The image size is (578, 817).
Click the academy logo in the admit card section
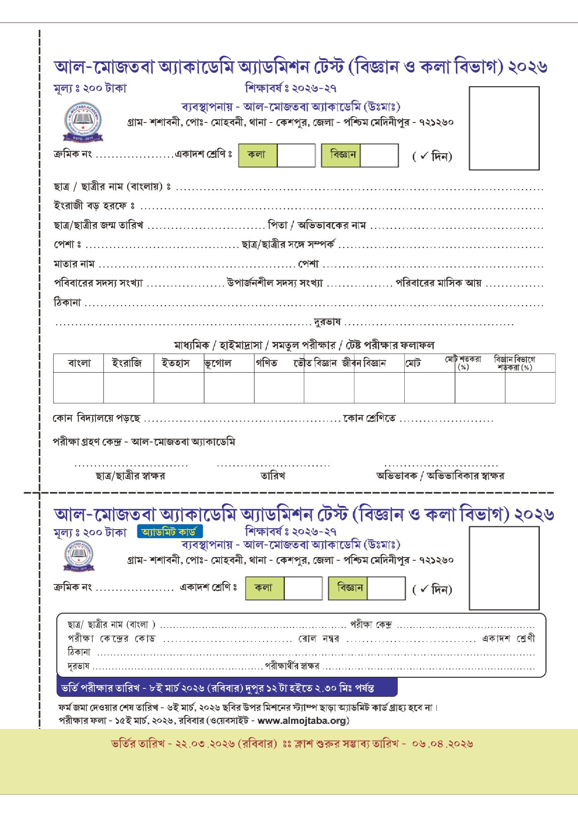(78, 556)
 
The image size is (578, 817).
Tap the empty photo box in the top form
(504, 128)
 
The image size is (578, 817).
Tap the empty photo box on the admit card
(504, 568)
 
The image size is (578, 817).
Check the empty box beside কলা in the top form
(296, 155)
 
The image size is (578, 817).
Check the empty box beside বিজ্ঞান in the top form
(379, 155)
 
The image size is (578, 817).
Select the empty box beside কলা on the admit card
(303, 588)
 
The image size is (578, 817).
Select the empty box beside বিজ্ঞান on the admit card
(386, 588)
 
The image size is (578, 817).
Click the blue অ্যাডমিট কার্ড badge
(170, 531)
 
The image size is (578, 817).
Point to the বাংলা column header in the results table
(79, 363)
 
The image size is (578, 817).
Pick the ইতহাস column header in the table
(176, 363)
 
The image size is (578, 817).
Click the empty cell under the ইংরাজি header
(129, 388)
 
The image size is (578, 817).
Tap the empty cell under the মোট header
(429, 388)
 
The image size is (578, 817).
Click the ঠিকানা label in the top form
(68, 303)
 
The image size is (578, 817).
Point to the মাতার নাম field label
(74, 264)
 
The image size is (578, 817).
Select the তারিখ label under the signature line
(273, 476)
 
